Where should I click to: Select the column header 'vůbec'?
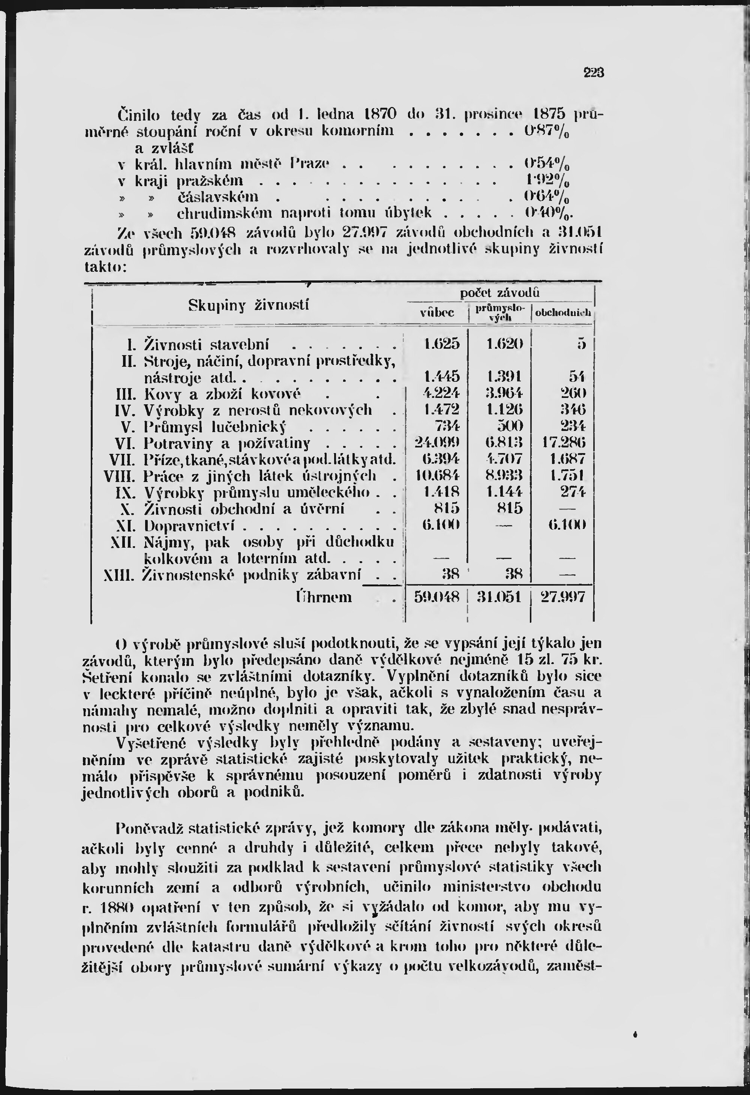point(437,313)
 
